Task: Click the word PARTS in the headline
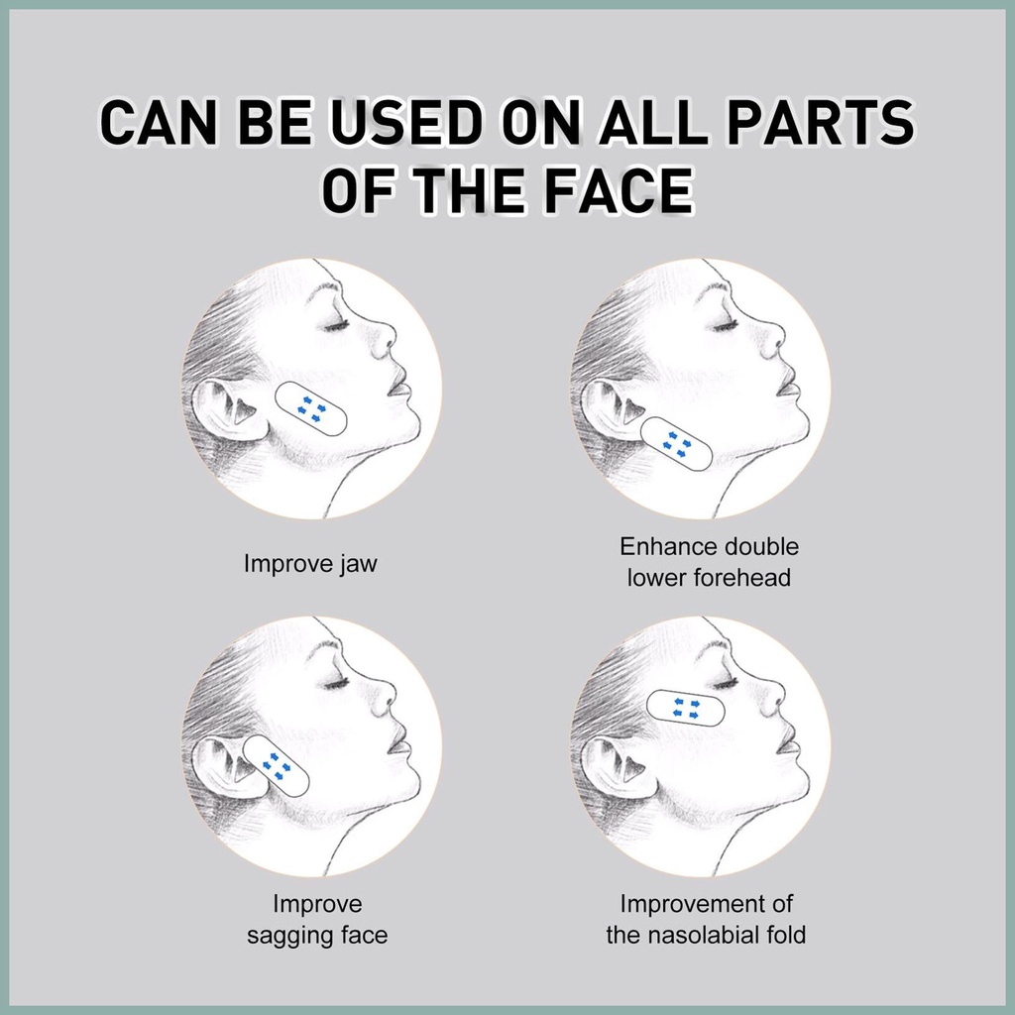coord(821,122)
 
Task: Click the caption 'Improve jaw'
coord(310,563)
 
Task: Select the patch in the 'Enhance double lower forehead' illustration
coord(676,444)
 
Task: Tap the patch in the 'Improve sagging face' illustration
coord(277,766)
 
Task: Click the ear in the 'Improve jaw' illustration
coord(227,409)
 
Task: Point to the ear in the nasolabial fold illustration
coord(615,767)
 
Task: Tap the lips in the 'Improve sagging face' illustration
coord(397,746)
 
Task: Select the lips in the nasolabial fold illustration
coord(786,746)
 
